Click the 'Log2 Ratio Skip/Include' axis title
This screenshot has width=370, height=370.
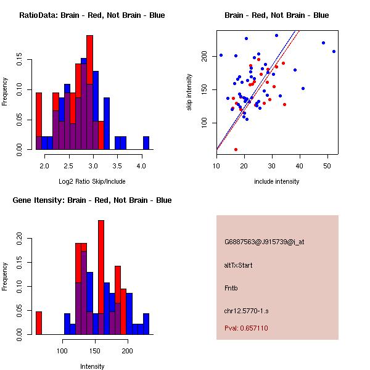click(92, 181)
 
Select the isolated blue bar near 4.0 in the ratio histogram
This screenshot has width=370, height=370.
click(146, 143)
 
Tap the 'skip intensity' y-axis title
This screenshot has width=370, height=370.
click(190, 92)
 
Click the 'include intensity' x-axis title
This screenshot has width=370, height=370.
click(277, 181)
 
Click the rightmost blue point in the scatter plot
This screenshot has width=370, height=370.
click(334, 51)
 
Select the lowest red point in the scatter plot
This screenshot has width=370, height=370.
click(236, 149)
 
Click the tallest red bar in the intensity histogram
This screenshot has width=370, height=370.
click(101, 277)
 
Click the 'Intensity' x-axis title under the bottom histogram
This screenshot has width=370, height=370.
click(92, 366)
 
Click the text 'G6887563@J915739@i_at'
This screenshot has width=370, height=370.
click(264, 242)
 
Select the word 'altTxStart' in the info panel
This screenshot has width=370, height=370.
click(239, 265)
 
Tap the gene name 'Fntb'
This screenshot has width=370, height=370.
click(231, 287)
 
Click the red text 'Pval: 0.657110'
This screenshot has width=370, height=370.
click(246, 328)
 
